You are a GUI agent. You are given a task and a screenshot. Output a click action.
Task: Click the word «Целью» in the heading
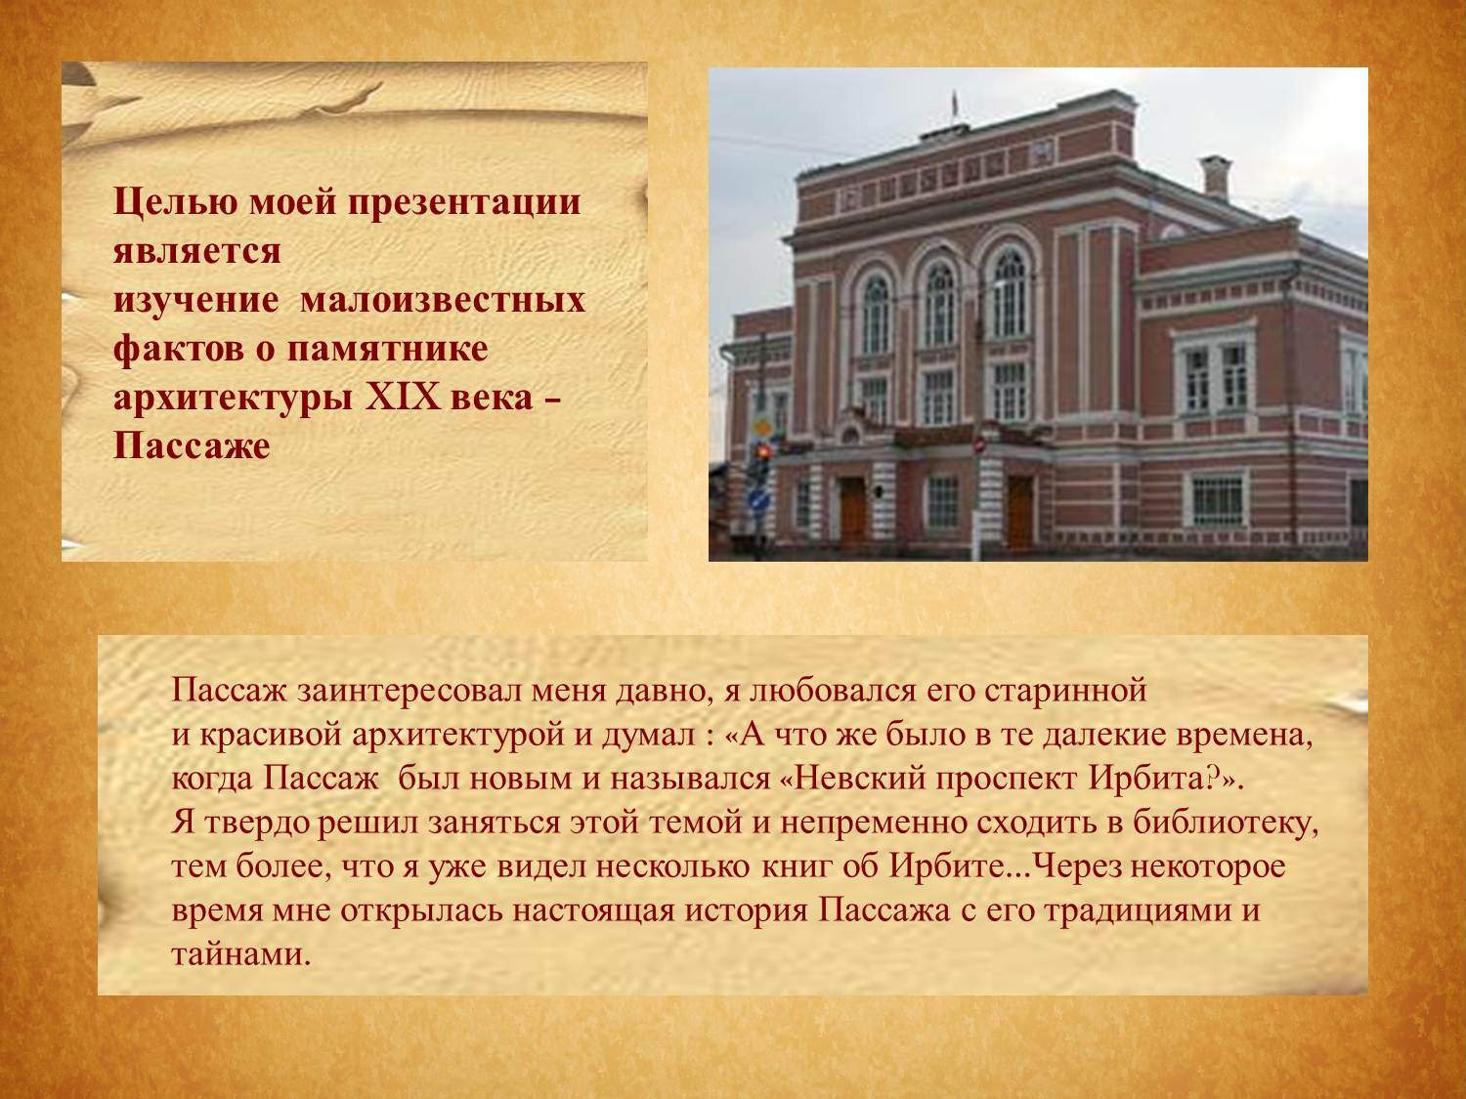click(x=175, y=203)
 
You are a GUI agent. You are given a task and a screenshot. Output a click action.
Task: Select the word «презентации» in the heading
click(x=464, y=202)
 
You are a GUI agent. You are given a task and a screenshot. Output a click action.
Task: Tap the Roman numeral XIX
click(x=403, y=398)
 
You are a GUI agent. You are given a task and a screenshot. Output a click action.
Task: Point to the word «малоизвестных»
click(x=443, y=300)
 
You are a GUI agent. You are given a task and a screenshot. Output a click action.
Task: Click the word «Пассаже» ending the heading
click(x=192, y=445)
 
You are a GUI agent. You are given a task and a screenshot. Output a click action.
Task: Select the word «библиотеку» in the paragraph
click(x=1225, y=824)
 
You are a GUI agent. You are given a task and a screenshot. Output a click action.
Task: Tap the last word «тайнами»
click(x=241, y=954)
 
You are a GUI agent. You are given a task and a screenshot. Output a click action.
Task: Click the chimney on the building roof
click(x=1216, y=178)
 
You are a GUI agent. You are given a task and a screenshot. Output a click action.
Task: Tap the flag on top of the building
click(x=955, y=105)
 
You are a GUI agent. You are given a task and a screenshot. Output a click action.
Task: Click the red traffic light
click(x=762, y=452)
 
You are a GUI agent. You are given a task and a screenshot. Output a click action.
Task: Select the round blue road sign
click(x=758, y=500)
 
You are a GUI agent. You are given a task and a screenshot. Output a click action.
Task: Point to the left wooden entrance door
click(x=853, y=513)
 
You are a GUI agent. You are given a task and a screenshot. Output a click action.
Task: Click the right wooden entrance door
click(x=1020, y=513)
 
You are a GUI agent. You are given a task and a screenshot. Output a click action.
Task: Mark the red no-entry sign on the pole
click(x=980, y=445)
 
